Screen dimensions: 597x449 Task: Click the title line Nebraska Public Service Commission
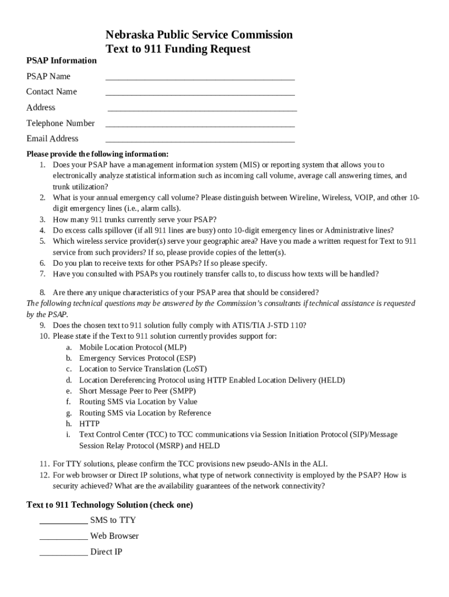click(199, 35)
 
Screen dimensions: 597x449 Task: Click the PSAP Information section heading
click(61, 61)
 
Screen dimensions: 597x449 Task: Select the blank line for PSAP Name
click(200, 78)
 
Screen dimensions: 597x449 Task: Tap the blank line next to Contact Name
click(200, 93)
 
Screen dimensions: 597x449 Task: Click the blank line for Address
click(202, 109)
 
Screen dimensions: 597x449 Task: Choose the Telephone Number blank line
click(200, 125)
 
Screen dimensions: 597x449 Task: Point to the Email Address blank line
click(200, 141)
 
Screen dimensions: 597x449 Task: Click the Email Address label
click(52, 139)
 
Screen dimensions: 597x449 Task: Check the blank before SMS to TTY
click(64, 523)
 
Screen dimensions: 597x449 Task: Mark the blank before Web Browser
click(64, 539)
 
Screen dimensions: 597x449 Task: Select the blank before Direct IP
click(64, 554)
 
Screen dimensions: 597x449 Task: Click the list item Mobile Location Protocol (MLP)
click(133, 347)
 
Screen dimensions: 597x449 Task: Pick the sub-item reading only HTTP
click(89, 424)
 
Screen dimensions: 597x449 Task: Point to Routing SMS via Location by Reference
click(145, 413)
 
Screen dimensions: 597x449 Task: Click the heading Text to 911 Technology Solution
click(110, 505)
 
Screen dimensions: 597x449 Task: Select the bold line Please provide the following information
click(97, 154)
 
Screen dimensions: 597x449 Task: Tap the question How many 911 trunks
click(134, 220)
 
